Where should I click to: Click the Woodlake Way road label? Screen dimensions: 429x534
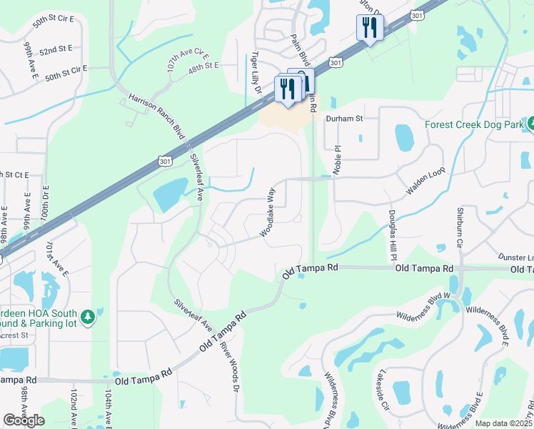pyautogui.click(x=268, y=212)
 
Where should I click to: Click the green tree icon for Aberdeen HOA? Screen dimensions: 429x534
pyautogui.click(x=88, y=316)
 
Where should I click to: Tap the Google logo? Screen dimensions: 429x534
pyautogui.click(x=24, y=420)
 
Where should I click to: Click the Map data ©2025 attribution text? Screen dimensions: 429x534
pyautogui.click(x=504, y=423)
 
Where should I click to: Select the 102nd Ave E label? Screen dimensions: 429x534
pyautogui.click(x=74, y=408)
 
